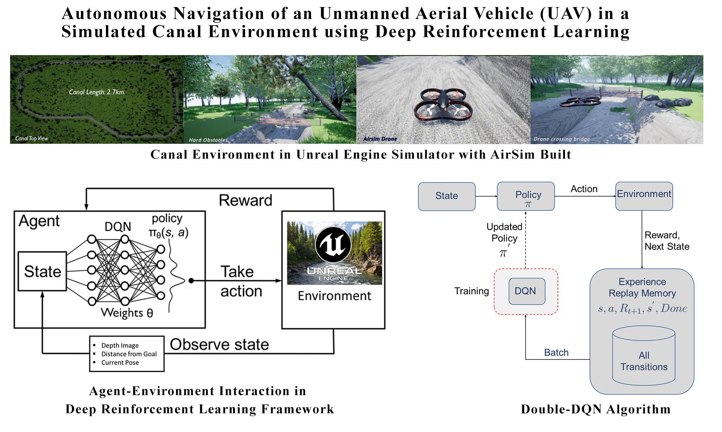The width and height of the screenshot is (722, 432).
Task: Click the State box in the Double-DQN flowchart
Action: click(x=446, y=196)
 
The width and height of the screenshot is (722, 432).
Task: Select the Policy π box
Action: click(x=525, y=196)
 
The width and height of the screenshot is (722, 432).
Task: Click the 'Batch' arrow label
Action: click(x=556, y=353)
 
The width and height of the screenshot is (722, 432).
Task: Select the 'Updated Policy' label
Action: click(x=504, y=232)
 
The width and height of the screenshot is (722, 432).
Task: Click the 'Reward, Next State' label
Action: click(x=666, y=241)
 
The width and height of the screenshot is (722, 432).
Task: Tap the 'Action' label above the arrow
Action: click(x=584, y=189)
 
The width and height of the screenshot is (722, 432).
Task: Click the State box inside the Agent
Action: click(x=43, y=271)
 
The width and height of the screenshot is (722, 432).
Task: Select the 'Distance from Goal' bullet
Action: click(x=129, y=354)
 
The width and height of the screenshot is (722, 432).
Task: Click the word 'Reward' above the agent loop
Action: click(x=245, y=200)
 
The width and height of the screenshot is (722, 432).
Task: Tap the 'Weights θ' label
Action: click(x=127, y=313)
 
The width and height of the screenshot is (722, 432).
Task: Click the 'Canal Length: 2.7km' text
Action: click(x=96, y=92)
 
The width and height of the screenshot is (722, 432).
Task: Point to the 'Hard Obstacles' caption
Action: click(x=208, y=140)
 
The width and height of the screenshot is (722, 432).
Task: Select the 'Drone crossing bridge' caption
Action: click(x=561, y=139)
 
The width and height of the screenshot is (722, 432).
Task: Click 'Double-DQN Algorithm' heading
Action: click(x=595, y=409)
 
